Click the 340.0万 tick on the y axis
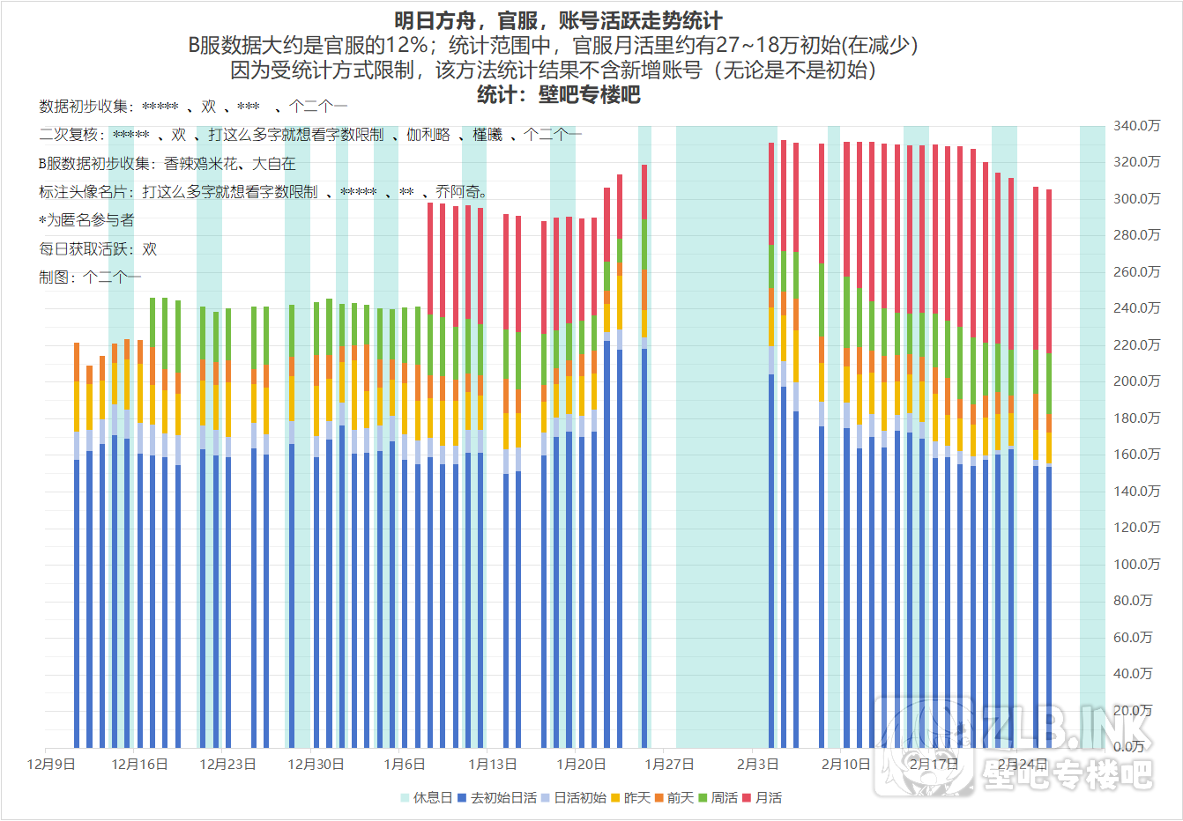(1136, 126)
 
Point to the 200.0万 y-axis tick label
(1136, 381)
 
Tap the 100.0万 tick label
(1136, 564)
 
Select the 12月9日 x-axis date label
(51, 764)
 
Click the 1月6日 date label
(404, 764)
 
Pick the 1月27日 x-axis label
(669, 764)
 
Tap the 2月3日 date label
(757, 764)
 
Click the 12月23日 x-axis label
(227, 764)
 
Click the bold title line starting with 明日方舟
(558, 21)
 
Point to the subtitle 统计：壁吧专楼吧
(558, 94)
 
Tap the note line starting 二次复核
(309, 135)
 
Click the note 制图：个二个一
(89, 277)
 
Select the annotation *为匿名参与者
(86, 220)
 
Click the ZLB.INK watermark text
(1067, 728)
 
